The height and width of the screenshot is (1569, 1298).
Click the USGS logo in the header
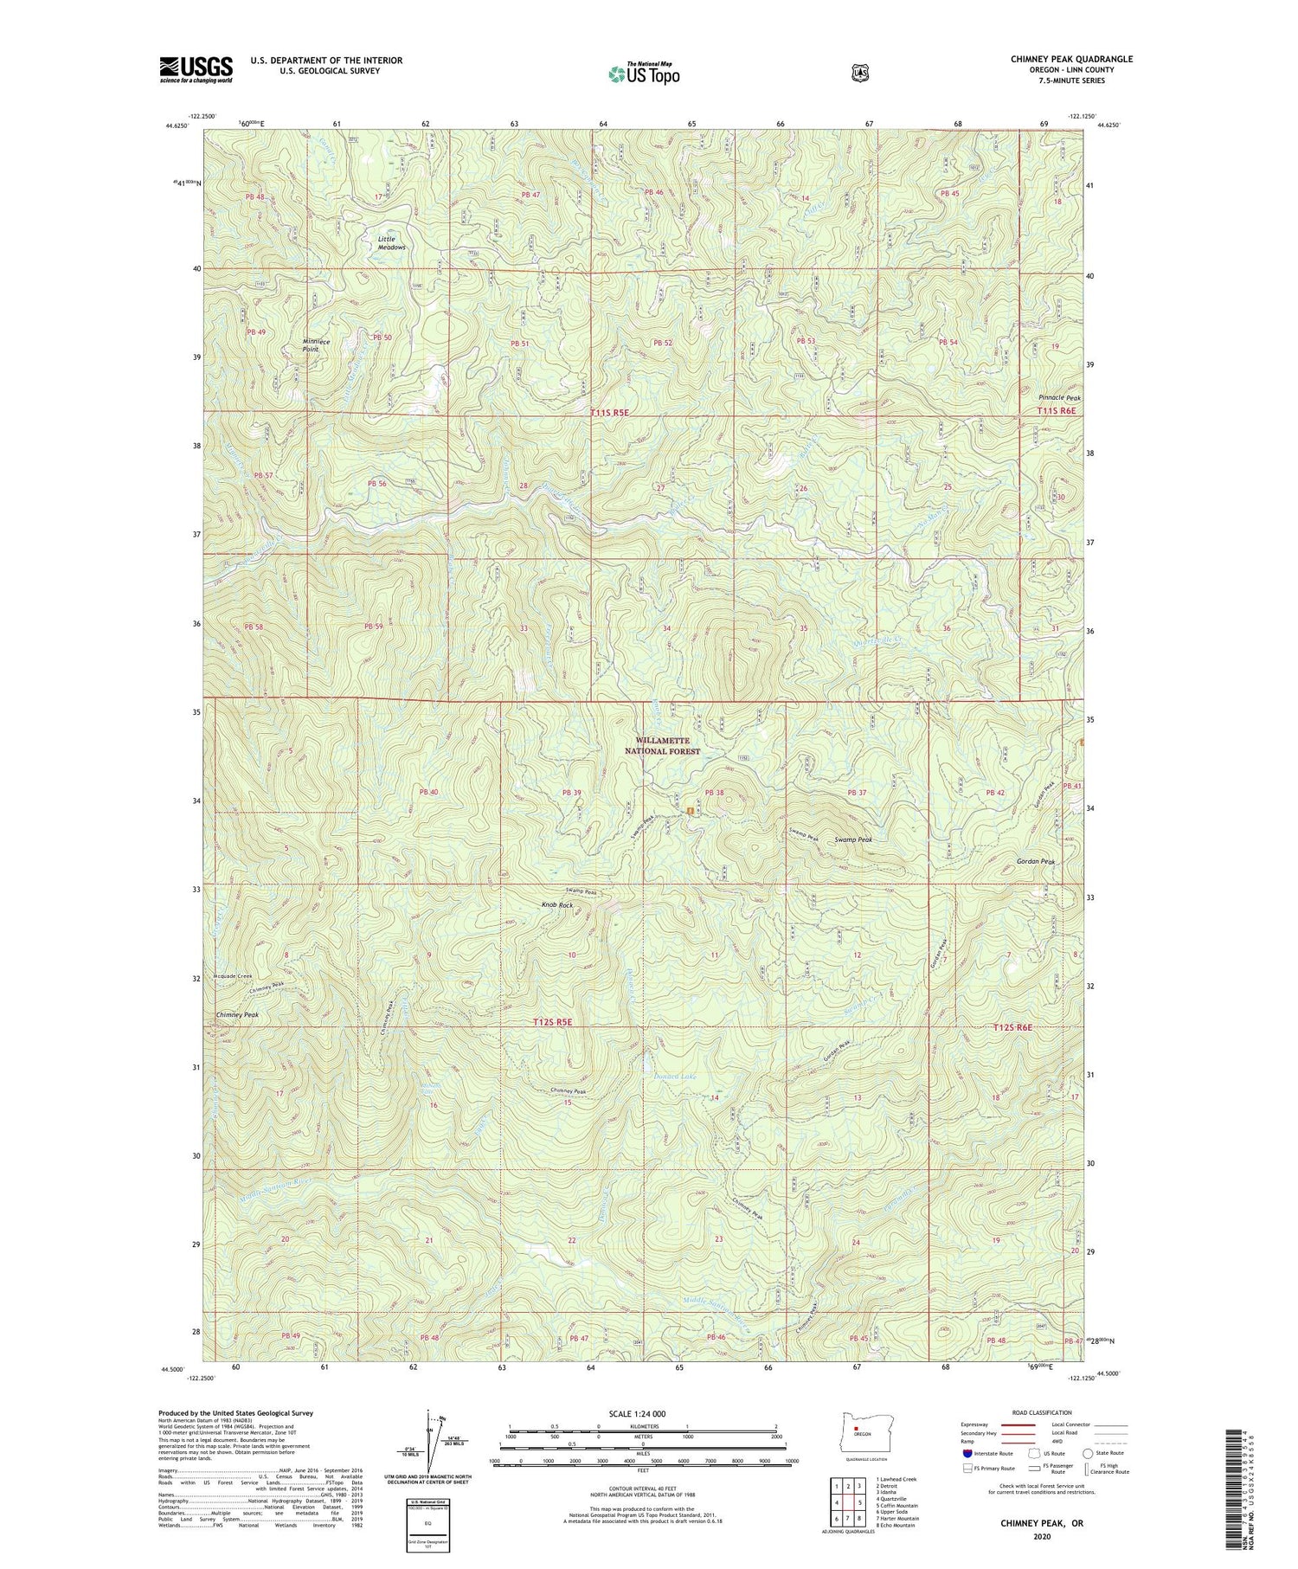pyautogui.click(x=196, y=69)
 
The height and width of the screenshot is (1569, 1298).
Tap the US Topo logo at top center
pyautogui.click(x=644, y=73)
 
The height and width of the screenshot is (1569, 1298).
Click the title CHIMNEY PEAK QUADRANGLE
pyautogui.click(x=1071, y=59)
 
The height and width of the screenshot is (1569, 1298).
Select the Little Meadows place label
pyautogui.click(x=391, y=243)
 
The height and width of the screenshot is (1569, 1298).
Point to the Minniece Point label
pyautogui.click(x=316, y=344)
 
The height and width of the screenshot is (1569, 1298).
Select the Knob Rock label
pyautogui.click(x=556, y=904)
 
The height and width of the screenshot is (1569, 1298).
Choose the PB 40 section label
pyautogui.click(x=429, y=792)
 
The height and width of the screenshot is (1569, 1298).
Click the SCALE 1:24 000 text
pyautogui.click(x=641, y=1413)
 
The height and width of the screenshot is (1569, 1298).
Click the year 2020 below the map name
pyautogui.click(x=1041, y=1537)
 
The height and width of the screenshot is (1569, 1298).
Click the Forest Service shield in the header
pyautogui.click(x=859, y=74)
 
